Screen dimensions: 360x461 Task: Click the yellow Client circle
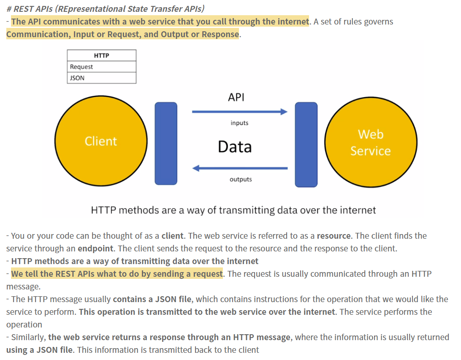tap(100, 141)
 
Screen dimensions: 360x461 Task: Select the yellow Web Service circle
tap(371, 143)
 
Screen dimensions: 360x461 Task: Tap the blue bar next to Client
tap(166, 144)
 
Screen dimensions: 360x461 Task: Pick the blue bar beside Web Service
tap(306, 145)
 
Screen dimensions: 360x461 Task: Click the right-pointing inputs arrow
tap(239, 112)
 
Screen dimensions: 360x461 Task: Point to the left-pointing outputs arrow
tap(240, 168)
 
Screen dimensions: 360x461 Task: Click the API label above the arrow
tap(236, 97)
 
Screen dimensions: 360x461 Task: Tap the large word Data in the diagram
tap(235, 147)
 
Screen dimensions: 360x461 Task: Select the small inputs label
tap(239, 123)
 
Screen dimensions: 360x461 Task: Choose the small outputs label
tap(241, 179)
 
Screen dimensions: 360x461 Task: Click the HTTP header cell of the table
tap(102, 55)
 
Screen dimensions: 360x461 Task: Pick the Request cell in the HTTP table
tap(102, 67)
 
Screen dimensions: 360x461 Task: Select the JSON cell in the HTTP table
tap(102, 78)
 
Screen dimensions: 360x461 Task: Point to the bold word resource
tap(334, 236)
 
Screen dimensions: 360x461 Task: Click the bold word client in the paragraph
tap(172, 236)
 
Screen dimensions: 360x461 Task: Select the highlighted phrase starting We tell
tap(117, 274)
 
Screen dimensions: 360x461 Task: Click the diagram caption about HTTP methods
tap(233, 210)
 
